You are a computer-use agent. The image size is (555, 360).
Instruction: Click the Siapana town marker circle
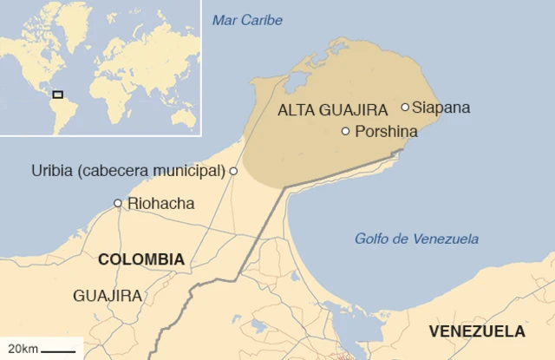(405, 108)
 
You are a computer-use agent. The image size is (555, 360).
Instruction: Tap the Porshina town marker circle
(346, 132)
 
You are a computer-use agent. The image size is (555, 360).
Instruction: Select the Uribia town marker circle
(233, 171)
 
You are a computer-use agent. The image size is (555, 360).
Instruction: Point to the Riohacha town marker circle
(118, 204)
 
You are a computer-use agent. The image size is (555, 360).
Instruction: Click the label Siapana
(441, 108)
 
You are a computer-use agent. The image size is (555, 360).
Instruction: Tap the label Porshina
(385, 132)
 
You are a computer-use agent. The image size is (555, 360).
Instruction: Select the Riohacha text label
(160, 204)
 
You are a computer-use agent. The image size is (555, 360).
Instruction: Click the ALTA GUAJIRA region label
(332, 110)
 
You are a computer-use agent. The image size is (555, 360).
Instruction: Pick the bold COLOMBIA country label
(141, 259)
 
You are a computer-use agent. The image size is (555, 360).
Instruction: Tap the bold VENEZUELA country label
(477, 331)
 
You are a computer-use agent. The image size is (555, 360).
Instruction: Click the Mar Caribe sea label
(247, 20)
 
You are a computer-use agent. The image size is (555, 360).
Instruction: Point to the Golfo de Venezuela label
(416, 239)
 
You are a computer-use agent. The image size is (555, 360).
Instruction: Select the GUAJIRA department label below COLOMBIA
(108, 296)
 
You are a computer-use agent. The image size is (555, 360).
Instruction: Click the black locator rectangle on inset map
(57, 94)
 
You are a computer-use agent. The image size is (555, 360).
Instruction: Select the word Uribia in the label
(52, 171)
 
